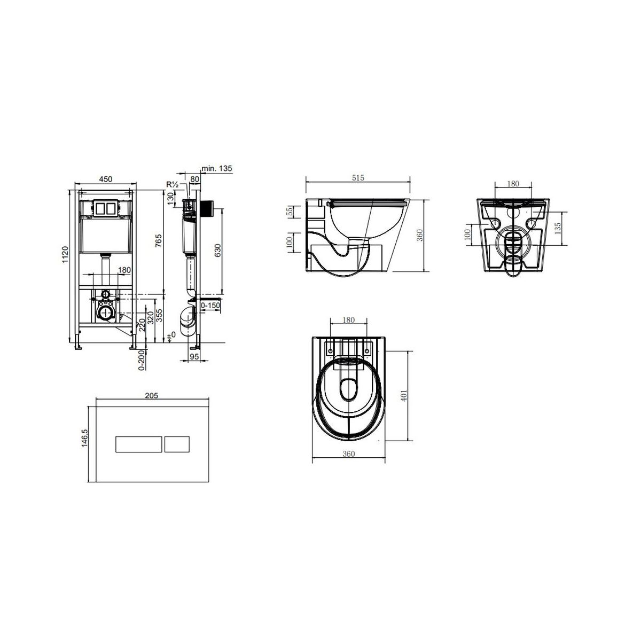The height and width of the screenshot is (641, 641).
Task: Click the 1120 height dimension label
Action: pos(65,254)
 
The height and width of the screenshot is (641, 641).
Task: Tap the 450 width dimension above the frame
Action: pos(106,179)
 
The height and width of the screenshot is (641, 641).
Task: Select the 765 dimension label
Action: pos(159,240)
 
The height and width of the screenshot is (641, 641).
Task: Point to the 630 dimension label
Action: pos(217,251)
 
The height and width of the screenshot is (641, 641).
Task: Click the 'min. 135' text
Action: pos(217,168)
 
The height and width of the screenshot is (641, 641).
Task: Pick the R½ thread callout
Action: pos(173,184)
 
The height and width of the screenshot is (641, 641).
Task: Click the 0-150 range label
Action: pos(210,305)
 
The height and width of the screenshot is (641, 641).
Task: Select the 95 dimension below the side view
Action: pos(194,356)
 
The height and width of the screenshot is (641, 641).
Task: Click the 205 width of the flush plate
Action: pos(151,395)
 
